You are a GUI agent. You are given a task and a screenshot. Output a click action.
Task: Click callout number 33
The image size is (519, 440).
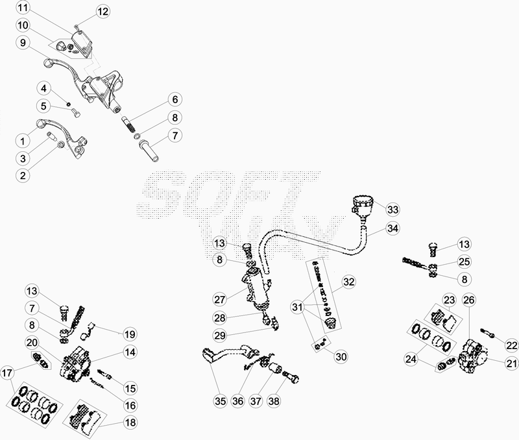point(392,210)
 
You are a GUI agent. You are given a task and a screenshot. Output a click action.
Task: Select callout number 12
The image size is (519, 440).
point(103,12)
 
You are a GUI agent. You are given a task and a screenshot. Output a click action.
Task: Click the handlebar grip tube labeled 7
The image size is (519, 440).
point(150,152)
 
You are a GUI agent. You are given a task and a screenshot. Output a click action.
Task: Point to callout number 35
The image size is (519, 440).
point(220,401)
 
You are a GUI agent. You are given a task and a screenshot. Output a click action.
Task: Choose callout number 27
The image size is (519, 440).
point(220,300)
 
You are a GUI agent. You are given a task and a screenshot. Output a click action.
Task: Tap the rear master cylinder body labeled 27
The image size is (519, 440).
point(256,288)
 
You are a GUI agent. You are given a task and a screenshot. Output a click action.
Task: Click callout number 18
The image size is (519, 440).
point(130,422)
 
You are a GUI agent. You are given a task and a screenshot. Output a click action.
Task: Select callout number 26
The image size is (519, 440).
point(469,300)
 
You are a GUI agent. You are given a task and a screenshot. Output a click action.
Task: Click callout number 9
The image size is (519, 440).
point(23,43)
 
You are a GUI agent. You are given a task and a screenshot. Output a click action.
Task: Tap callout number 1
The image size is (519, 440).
point(23,141)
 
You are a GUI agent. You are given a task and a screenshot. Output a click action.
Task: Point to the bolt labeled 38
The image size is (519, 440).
point(291,378)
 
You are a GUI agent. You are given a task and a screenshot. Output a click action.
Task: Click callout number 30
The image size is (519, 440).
point(341,356)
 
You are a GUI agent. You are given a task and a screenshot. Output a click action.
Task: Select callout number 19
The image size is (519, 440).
point(130,334)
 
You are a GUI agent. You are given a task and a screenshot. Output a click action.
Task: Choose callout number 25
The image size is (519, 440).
point(464,262)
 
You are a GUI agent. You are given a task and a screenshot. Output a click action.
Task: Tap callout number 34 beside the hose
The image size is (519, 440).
point(392,228)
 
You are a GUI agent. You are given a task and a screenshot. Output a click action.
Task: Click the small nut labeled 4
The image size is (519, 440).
point(69,104)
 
